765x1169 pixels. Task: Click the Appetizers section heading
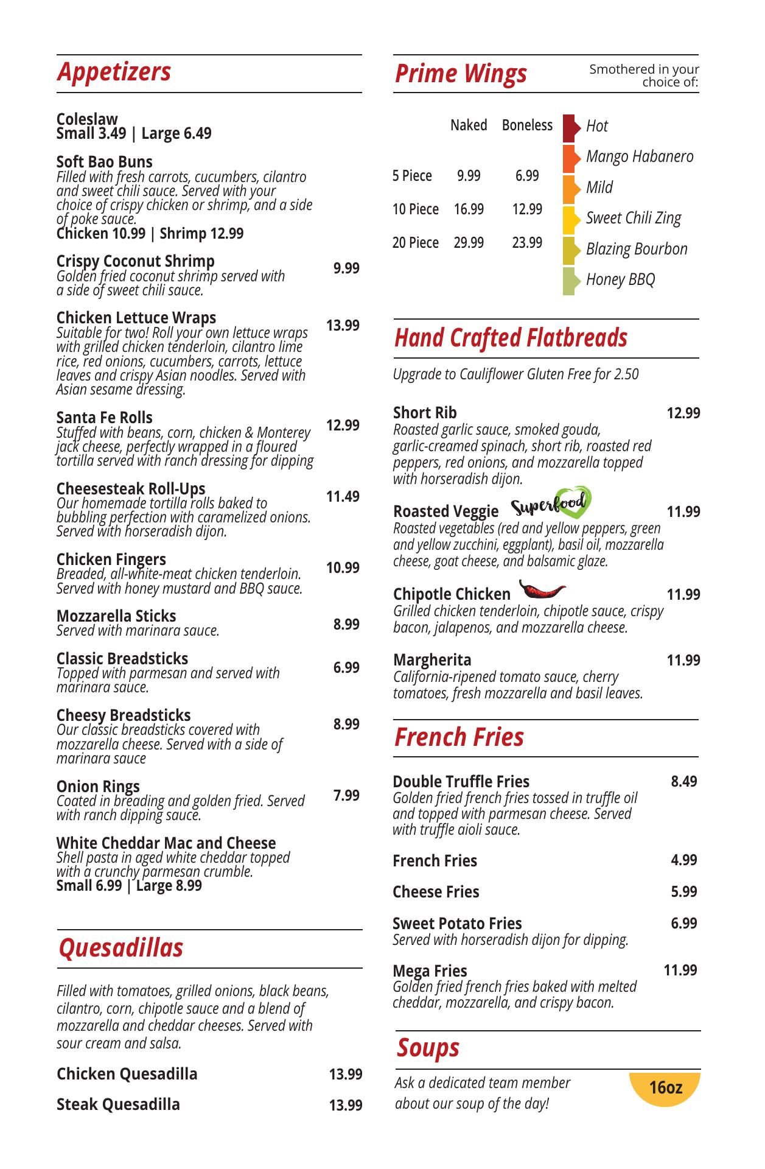click(114, 72)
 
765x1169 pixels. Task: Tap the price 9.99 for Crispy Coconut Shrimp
click(346, 269)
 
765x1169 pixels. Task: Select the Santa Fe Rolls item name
click(104, 418)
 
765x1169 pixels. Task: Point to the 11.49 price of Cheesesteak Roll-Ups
click(343, 497)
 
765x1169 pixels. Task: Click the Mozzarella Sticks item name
click(116, 616)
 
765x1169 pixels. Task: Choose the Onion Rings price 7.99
click(346, 796)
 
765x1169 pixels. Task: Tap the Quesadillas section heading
click(121, 948)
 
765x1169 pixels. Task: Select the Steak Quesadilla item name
click(118, 1104)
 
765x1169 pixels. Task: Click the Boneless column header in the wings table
click(527, 125)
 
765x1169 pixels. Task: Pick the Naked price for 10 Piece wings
click(469, 209)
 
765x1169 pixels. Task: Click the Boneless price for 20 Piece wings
click(527, 243)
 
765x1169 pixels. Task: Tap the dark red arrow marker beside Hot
click(570, 127)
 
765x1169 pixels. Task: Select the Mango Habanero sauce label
click(640, 156)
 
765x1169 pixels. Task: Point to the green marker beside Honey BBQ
click(570, 281)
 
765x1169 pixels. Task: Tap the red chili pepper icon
click(542, 589)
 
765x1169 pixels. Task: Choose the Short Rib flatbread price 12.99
click(683, 413)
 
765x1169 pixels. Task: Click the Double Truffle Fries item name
click(461, 782)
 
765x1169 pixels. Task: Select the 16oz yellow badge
click(665, 1088)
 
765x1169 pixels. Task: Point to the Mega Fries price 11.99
click(680, 971)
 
